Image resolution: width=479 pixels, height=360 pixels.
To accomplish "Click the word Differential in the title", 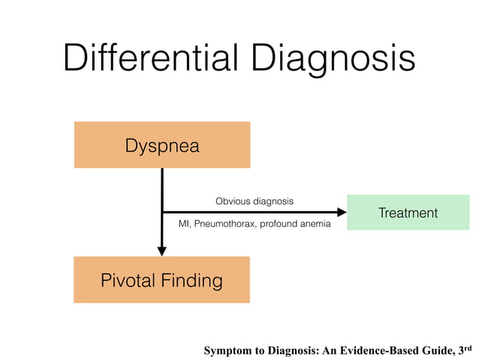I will point(151,57).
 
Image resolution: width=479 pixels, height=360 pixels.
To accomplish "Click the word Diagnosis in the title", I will point(333,57).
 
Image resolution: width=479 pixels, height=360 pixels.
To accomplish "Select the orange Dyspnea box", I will point(161,145).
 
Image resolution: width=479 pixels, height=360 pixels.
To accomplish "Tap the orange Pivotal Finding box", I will point(161,280).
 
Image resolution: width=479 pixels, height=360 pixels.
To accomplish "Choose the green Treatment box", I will point(408,213).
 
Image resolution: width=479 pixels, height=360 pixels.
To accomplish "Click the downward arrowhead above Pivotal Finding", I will point(162,251).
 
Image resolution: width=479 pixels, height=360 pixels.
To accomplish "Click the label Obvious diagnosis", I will point(255,201).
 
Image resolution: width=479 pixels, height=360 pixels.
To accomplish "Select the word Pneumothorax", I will point(224,224).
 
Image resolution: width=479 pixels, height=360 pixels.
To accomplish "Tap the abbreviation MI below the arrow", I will point(183,224).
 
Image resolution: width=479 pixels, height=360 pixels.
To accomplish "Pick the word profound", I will point(277,224).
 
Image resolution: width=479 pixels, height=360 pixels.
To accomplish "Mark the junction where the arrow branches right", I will point(162,213).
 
